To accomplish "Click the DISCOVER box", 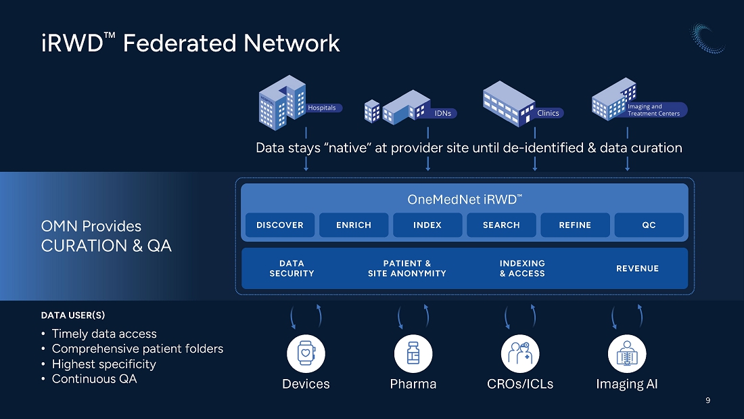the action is click(x=280, y=225).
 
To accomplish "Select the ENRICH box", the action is click(x=354, y=225).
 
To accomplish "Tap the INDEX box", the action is click(x=427, y=225).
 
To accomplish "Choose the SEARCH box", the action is click(x=501, y=225).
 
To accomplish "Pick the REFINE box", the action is click(x=575, y=225).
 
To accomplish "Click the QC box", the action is click(x=649, y=225).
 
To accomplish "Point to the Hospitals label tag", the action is click(x=323, y=108).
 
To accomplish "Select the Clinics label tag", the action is click(x=549, y=113).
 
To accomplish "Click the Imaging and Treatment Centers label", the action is click(x=655, y=110).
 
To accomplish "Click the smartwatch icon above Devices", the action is click(x=306, y=353).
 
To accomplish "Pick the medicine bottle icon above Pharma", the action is click(x=413, y=353).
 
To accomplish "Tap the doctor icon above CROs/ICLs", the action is click(x=520, y=353).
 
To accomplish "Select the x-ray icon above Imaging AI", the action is click(x=627, y=353).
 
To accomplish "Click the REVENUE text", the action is click(x=637, y=269).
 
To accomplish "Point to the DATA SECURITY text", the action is click(x=292, y=269).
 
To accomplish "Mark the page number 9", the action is click(x=708, y=401).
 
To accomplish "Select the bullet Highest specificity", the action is click(x=104, y=364).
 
